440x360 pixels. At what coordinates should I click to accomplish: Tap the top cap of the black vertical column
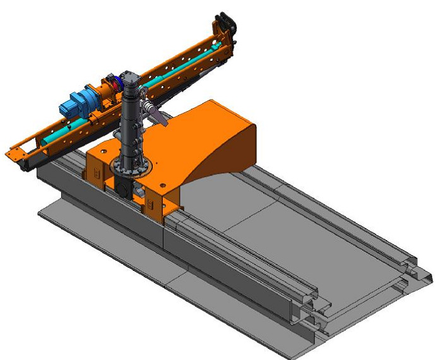pos(131,77)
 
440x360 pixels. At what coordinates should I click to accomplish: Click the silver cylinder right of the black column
pos(152,112)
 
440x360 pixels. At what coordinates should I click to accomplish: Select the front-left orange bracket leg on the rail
pos(95,174)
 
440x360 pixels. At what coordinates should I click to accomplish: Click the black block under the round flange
pos(124,189)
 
